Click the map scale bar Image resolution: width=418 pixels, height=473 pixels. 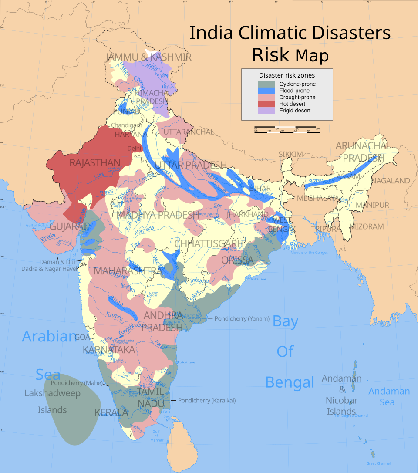pyautogui.click(x=287, y=129)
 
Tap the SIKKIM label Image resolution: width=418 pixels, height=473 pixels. pyautogui.click(x=290, y=155)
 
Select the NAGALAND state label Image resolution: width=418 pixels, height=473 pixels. pyautogui.click(x=391, y=180)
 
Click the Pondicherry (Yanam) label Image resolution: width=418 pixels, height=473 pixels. pyautogui.click(x=242, y=318)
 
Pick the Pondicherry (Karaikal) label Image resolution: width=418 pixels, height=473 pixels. pyautogui.click(x=206, y=400)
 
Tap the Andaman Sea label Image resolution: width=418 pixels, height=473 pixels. pyautogui.click(x=389, y=396)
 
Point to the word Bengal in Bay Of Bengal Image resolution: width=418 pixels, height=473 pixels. pyautogui.click(x=290, y=382)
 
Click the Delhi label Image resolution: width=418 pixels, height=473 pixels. pyautogui.click(x=135, y=148)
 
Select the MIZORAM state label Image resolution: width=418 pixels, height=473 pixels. pyautogui.click(x=367, y=226)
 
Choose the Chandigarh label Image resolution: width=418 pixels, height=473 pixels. pyautogui.click(x=126, y=125)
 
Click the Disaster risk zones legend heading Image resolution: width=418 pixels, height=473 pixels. pyautogui.click(x=287, y=75)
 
